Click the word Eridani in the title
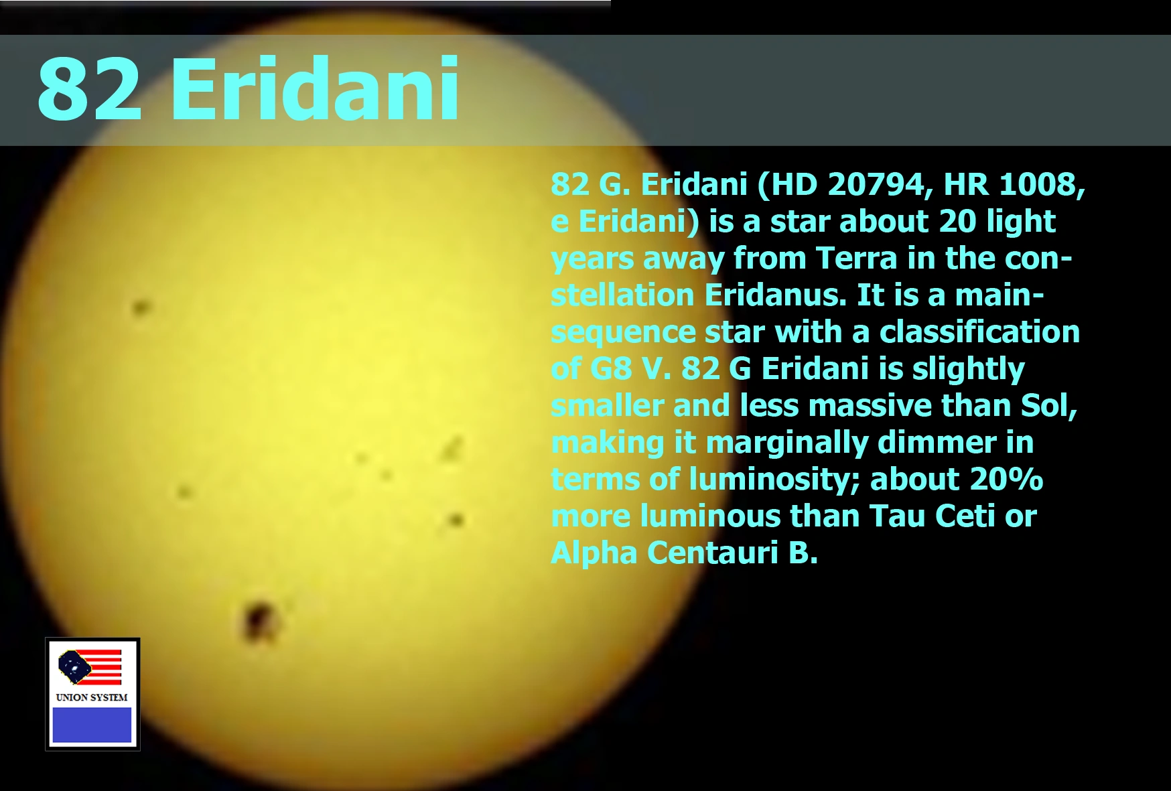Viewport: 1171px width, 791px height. tap(315, 88)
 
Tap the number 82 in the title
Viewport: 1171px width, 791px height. tap(90, 88)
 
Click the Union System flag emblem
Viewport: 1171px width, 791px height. tap(90, 667)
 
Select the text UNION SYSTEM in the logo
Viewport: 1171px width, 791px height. tap(92, 697)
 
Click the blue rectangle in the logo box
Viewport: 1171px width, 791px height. tap(92, 725)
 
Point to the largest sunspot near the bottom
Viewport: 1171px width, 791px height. tap(259, 620)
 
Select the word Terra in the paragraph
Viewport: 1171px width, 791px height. tap(855, 258)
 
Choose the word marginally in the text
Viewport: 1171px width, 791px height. tap(786, 443)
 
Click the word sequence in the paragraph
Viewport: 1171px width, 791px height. tap(623, 333)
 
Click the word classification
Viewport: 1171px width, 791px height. tap(979, 332)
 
